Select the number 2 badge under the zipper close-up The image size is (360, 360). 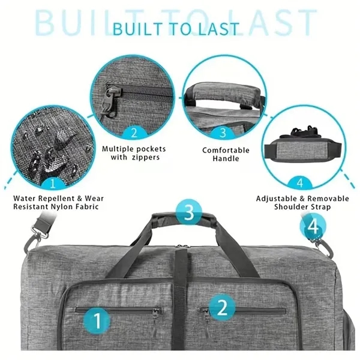point(134,133)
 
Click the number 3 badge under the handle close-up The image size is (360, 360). point(222,133)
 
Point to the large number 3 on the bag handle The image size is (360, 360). point(188,212)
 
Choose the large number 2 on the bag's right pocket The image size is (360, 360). point(221,308)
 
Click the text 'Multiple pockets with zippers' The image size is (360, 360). point(134,153)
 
